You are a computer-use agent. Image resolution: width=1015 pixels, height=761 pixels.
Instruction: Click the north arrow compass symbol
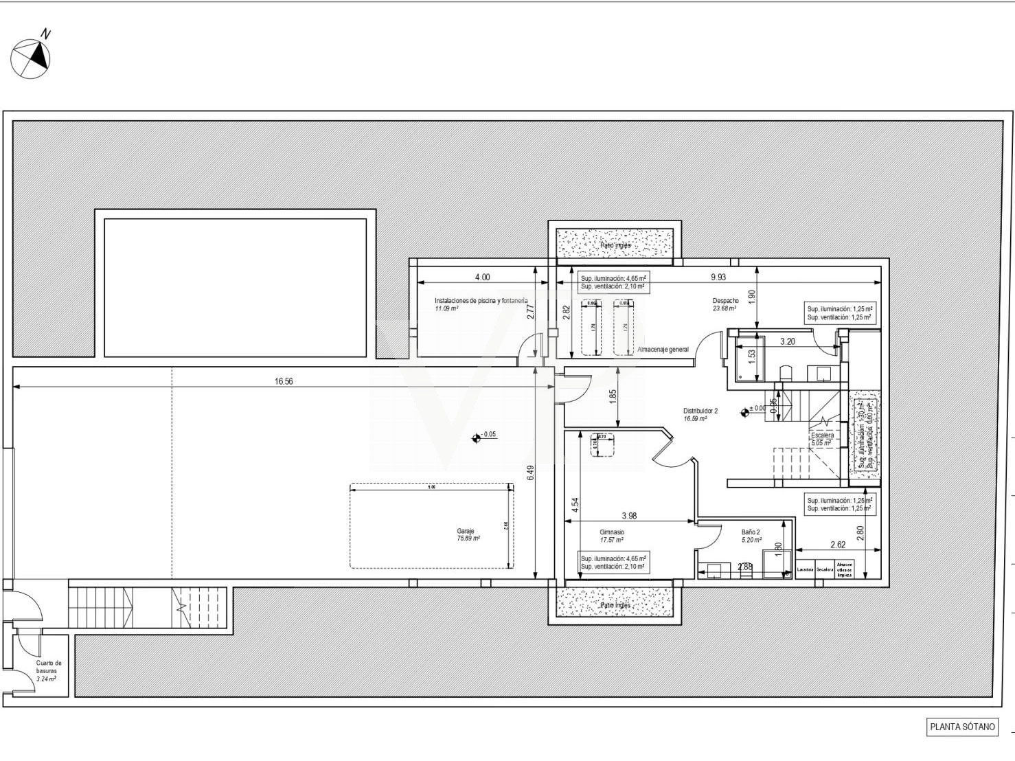click(31, 58)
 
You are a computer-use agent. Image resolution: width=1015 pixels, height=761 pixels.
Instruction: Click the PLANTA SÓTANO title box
click(962, 727)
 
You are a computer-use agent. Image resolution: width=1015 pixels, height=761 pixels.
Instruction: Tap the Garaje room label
click(466, 531)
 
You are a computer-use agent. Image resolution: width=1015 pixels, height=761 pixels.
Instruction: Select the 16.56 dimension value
click(283, 381)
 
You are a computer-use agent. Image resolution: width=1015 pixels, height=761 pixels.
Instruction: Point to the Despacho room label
click(725, 301)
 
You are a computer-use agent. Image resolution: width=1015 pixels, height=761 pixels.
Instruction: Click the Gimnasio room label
click(612, 532)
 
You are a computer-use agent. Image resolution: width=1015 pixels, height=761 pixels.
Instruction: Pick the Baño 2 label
click(751, 532)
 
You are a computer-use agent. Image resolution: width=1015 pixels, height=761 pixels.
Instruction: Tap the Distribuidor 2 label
click(700, 411)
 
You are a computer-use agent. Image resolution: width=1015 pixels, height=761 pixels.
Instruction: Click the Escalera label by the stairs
click(822, 435)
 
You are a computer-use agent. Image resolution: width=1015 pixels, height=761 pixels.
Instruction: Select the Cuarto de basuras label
click(49, 667)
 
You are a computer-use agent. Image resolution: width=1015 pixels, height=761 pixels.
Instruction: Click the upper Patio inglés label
click(615, 245)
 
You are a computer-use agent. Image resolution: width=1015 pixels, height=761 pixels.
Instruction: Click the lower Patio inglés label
click(615, 606)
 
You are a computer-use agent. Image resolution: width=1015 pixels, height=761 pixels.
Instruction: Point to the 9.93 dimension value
click(718, 277)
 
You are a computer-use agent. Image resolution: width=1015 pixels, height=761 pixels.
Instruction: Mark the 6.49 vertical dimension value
click(530, 474)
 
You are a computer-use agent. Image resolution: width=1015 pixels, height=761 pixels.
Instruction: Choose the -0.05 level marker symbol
click(477, 438)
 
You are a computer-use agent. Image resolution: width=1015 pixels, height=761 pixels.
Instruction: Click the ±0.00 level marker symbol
click(744, 413)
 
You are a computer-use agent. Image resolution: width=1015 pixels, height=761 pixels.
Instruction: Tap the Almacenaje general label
click(663, 350)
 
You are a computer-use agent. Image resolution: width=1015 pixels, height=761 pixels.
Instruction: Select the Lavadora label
click(805, 569)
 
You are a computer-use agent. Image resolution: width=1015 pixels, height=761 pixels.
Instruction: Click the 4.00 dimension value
click(483, 277)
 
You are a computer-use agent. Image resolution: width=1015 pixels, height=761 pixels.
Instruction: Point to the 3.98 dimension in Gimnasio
click(629, 516)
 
